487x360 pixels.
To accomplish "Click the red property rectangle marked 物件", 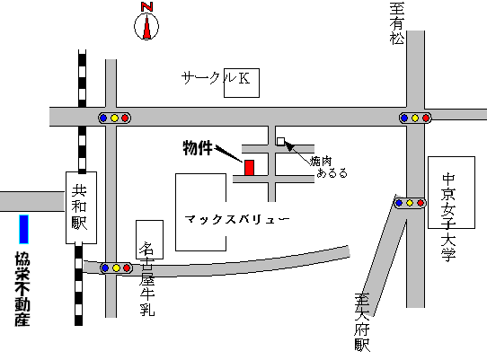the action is point(249,168).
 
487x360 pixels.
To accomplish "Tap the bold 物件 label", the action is point(198,148).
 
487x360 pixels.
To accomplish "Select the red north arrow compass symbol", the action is point(146,27).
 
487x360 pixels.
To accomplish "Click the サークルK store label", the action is point(216,78).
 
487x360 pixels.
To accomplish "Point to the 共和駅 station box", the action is point(81,207).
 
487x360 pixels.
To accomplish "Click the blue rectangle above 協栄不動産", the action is point(24,229).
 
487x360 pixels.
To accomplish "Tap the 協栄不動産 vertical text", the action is point(22,288).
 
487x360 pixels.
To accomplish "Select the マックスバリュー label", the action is point(236,219).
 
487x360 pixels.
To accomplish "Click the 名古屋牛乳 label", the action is point(146,278).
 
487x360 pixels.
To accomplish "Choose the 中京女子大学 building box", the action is point(451,192).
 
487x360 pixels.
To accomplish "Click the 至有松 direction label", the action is point(397,23).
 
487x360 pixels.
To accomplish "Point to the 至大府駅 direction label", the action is point(362,322).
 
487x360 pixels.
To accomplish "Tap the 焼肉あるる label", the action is point(329,167).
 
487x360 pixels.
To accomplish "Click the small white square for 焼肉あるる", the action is point(280,141).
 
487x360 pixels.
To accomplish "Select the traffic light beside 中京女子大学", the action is point(410,203).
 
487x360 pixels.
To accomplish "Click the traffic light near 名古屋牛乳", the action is point(116,268).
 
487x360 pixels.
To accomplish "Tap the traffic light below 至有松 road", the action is point(415,118).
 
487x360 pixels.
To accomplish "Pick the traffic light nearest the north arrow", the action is point(114,118).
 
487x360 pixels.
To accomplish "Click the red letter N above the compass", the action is point(146,7).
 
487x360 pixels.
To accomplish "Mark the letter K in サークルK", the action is point(243,78).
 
